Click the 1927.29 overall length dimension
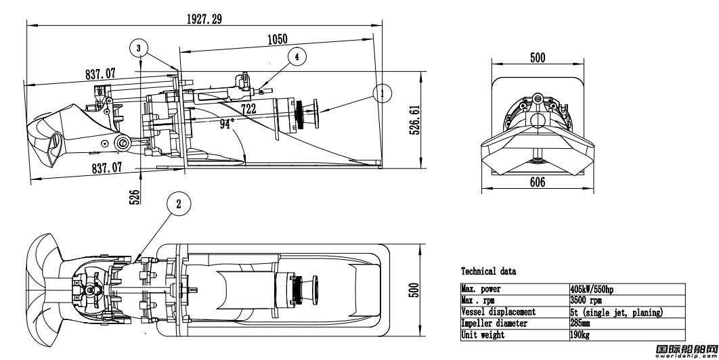[x=204, y=19]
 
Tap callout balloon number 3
[x=139, y=48]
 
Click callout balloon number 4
[x=297, y=57]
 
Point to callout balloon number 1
[x=382, y=93]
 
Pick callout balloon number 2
[x=178, y=202]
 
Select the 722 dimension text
[x=249, y=109]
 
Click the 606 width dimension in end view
[x=538, y=183]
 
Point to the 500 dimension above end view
[x=538, y=58]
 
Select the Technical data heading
[x=488, y=271]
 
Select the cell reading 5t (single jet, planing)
[x=615, y=311]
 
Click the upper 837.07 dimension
[x=100, y=73]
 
